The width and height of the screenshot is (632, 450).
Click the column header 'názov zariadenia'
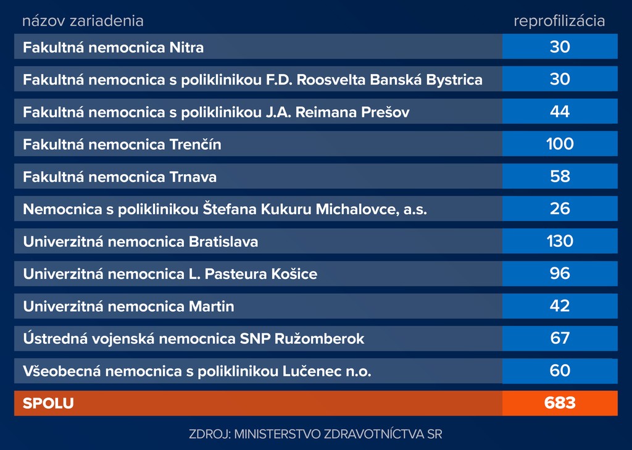[83, 21]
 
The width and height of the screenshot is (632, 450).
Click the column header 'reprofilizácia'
[559, 21]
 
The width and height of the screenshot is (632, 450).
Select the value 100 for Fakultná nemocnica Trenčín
[560, 144]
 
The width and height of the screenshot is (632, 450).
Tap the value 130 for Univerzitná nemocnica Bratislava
[560, 241]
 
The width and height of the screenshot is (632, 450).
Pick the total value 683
[560, 403]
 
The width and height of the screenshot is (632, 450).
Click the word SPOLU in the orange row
[48, 404]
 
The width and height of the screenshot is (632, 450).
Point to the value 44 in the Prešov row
[560, 112]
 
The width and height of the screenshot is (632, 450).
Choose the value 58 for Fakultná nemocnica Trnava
[560, 177]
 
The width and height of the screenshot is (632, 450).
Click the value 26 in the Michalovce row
[560, 209]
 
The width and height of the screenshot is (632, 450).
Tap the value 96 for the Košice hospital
[560, 273]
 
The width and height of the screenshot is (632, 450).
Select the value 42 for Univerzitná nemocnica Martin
[560, 306]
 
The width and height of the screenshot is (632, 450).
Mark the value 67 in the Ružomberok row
[560, 338]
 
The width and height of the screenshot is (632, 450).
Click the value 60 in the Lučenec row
[560, 371]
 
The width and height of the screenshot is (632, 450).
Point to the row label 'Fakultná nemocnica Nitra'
[113, 48]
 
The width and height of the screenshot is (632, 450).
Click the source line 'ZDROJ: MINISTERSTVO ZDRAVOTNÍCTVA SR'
[315, 434]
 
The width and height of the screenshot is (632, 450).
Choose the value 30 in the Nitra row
[560, 47]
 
